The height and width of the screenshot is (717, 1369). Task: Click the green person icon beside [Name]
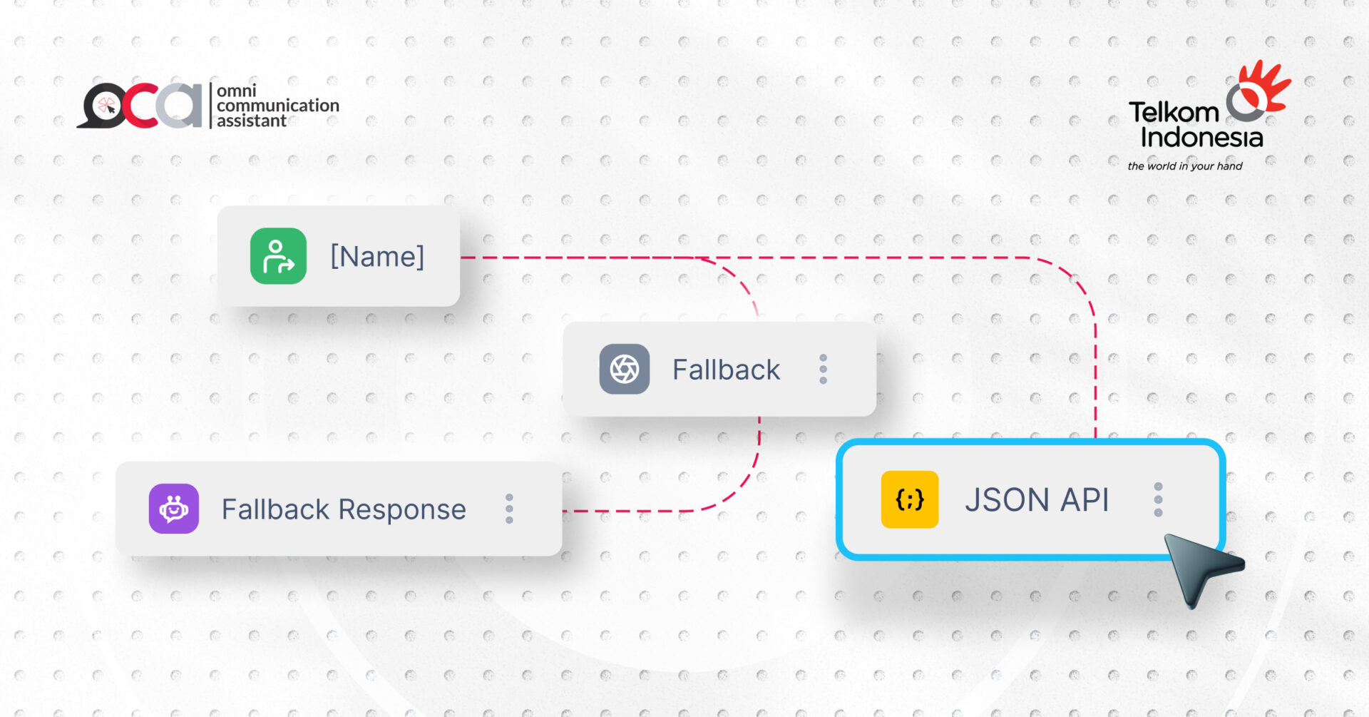coord(278,256)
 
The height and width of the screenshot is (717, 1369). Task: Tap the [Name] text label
coord(377,256)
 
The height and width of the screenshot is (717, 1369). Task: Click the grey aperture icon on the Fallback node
coord(624,369)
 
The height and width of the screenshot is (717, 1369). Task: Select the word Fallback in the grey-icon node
coord(726,370)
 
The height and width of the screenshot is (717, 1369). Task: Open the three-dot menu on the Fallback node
coord(823,369)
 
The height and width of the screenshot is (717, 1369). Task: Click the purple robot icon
coord(174,509)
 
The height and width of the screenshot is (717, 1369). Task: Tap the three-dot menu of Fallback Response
coord(509,509)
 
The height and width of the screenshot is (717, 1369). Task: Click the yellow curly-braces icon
coord(909,499)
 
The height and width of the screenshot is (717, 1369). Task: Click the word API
coord(1085,499)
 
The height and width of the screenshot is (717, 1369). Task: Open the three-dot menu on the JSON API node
coord(1158,499)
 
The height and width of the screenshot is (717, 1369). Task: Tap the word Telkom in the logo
coord(1174,113)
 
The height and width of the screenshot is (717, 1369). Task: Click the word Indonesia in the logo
coord(1201,137)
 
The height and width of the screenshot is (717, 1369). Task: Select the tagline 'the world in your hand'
coord(1184,166)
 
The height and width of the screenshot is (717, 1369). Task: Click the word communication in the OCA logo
coord(278,106)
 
